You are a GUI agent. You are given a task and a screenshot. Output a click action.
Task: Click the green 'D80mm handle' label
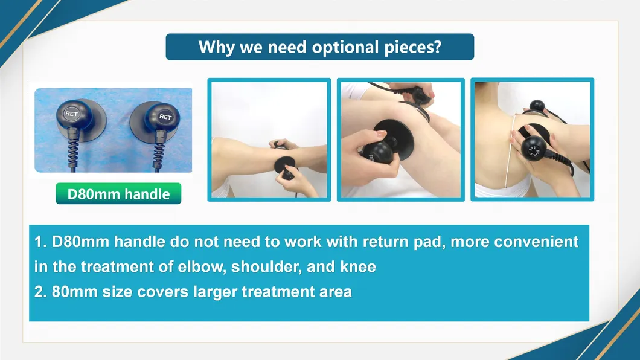(x=118, y=193)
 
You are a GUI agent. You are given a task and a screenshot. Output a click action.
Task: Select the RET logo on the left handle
(x=71, y=114)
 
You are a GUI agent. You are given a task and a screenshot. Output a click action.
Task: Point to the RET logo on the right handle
(x=165, y=117)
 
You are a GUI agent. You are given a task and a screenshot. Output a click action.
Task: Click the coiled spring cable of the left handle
(x=72, y=150)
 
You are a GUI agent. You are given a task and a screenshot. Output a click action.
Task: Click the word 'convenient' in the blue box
(x=536, y=242)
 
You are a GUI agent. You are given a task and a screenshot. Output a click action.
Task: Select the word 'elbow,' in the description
(x=202, y=267)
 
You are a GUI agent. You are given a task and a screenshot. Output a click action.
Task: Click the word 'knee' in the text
(x=358, y=267)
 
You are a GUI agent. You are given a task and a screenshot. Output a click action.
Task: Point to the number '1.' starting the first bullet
(x=40, y=242)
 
